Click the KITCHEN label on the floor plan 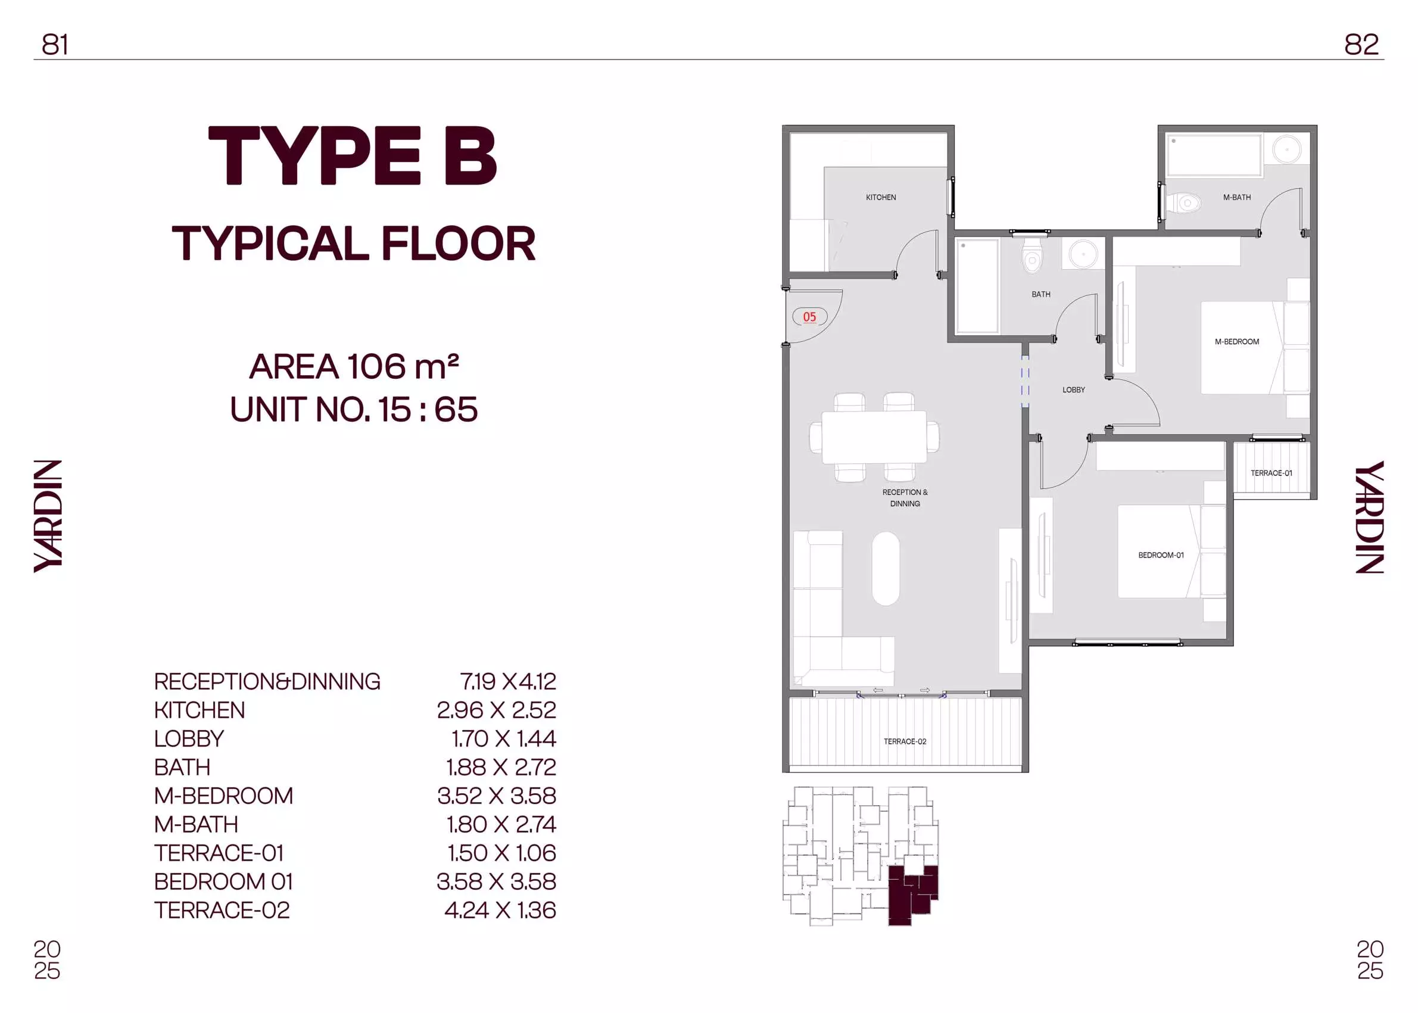[x=880, y=198]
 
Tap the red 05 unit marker [x=809, y=317]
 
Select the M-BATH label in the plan [x=1236, y=198]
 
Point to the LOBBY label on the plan [x=1074, y=390]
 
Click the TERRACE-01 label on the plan [x=1271, y=473]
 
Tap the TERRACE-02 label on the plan [x=905, y=741]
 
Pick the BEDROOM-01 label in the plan [x=1160, y=555]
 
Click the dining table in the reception [x=874, y=437]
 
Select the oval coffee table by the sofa [x=885, y=568]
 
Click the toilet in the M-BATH [x=1182, y=202]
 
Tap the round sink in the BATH [x=1084, y=254]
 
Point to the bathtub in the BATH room [x=977, y=286]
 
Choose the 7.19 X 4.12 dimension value [x=508, y=681]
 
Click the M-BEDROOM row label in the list [x=223, y=796]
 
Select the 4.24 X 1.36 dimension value [x=500, y=910]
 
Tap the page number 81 [x=55, y=45]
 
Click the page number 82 [x=1361, y=45]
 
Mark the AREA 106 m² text [x=354, y=367]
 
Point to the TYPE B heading [x=353, y=156]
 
